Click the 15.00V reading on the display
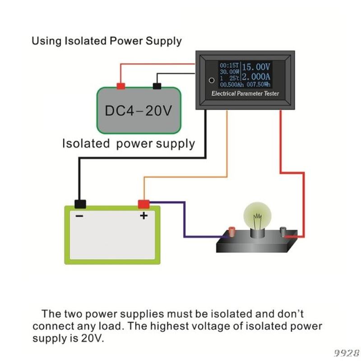click(256, 67)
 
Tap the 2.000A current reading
click(256, 77)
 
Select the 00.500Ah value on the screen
click(231, 85)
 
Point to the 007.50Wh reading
click(258, 84)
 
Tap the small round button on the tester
click(212, 80)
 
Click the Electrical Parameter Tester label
click(245, 93)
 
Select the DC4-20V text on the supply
click(139, 111)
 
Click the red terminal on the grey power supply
click(121, 86)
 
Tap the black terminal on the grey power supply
click(157, 86)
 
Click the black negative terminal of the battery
click(80, 204)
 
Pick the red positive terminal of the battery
click(143, 204)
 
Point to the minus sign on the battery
click(79, 216)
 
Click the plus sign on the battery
click(143, 216)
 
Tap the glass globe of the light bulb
click(257, 216)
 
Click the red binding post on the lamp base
click(231, 231)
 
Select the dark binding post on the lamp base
click(283, 231)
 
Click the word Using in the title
click(46, 42)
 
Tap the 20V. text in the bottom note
click(92, 338)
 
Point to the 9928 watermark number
click(347, 353)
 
